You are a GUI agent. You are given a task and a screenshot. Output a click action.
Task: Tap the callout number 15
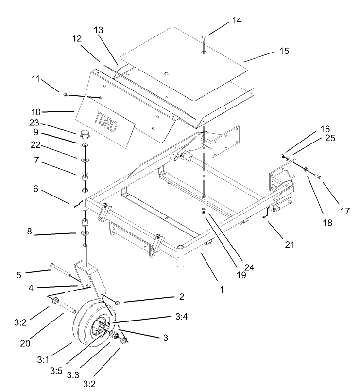[284, 51]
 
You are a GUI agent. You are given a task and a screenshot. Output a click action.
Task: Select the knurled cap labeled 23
[86, 134]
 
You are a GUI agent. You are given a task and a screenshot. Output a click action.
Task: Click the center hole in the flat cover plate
[166, 74]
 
